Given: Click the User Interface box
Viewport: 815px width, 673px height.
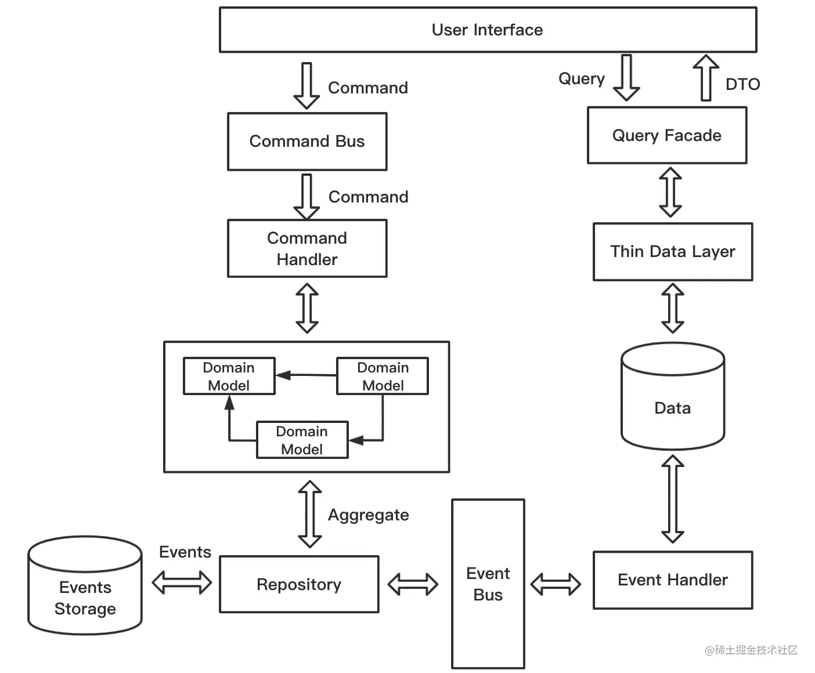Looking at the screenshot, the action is pyautogui.click(x=488, y=30).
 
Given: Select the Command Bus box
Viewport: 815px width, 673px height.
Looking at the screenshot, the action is pyautogui.click(x=307, y=142).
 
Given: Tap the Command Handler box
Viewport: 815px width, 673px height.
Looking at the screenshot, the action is pyautogui.click(x=307, y=248).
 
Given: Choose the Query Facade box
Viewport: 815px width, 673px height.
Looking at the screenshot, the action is pyautogui.click(x=667, y=135).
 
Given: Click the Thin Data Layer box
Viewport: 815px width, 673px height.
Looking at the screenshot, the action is pyautogui.click(x=673, y=252).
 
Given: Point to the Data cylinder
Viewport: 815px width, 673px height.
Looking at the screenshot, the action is pyautogui.click(x=673, y=396).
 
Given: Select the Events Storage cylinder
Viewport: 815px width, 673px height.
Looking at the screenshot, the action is pyautogui.click(x=85, y=585).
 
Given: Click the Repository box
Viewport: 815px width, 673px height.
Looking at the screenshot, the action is pyautogui.click(x=299, y=584).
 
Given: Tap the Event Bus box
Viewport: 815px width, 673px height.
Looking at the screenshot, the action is pyautogui.click(x=488, y=584).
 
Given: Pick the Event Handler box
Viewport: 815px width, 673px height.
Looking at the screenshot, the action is pyautogui.click(x=673, y=580).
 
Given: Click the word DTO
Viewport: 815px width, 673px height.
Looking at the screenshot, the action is pyautogui.click(x=743, y=84).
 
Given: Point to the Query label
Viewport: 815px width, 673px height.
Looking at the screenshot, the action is pyautogui.click(x=582, y=79).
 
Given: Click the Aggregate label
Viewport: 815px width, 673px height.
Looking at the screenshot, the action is pyautogui.click(x=369, y=515).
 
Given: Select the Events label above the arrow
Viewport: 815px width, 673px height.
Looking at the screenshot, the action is pyautogui.click(x=185, y=552).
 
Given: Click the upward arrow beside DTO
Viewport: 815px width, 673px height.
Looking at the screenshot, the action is pyautogui.click(x=706, y=78).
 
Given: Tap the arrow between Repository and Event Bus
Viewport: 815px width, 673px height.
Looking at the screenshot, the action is pyautogui.click(x=413, y=584).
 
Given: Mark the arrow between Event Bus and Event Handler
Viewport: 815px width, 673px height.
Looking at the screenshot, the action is pyautogui.click(x=556, y=584).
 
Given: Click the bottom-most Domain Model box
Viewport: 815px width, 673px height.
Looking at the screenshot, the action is pyautogui.click(x=302, y=440).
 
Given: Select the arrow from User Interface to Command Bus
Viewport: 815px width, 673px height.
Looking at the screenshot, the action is pyautogui.click(x=307, y=85).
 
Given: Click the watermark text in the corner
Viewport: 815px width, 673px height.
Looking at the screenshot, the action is pyautogui.click(x=751, y=650).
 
